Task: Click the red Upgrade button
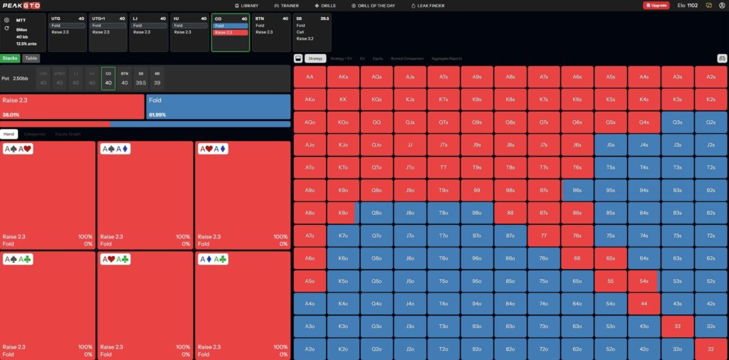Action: [656, 5]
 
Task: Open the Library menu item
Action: [246, 5]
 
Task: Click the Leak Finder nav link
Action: [429, 5]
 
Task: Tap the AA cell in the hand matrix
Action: [309, 77]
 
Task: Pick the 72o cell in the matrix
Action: [543, 349]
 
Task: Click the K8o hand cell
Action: [343, 213]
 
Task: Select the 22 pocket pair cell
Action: [710, 349]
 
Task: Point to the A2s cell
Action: [710, 77]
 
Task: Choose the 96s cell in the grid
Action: [577, 190]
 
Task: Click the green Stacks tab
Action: [10, 58]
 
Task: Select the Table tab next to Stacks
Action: [31, 58]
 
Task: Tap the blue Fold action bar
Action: [218, 106]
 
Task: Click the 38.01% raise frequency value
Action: [11, 114]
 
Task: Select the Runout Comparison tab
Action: [407, 58]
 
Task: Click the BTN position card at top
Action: [271, 32]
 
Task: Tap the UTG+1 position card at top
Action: [108, 32]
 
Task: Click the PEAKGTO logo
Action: [21, 5]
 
